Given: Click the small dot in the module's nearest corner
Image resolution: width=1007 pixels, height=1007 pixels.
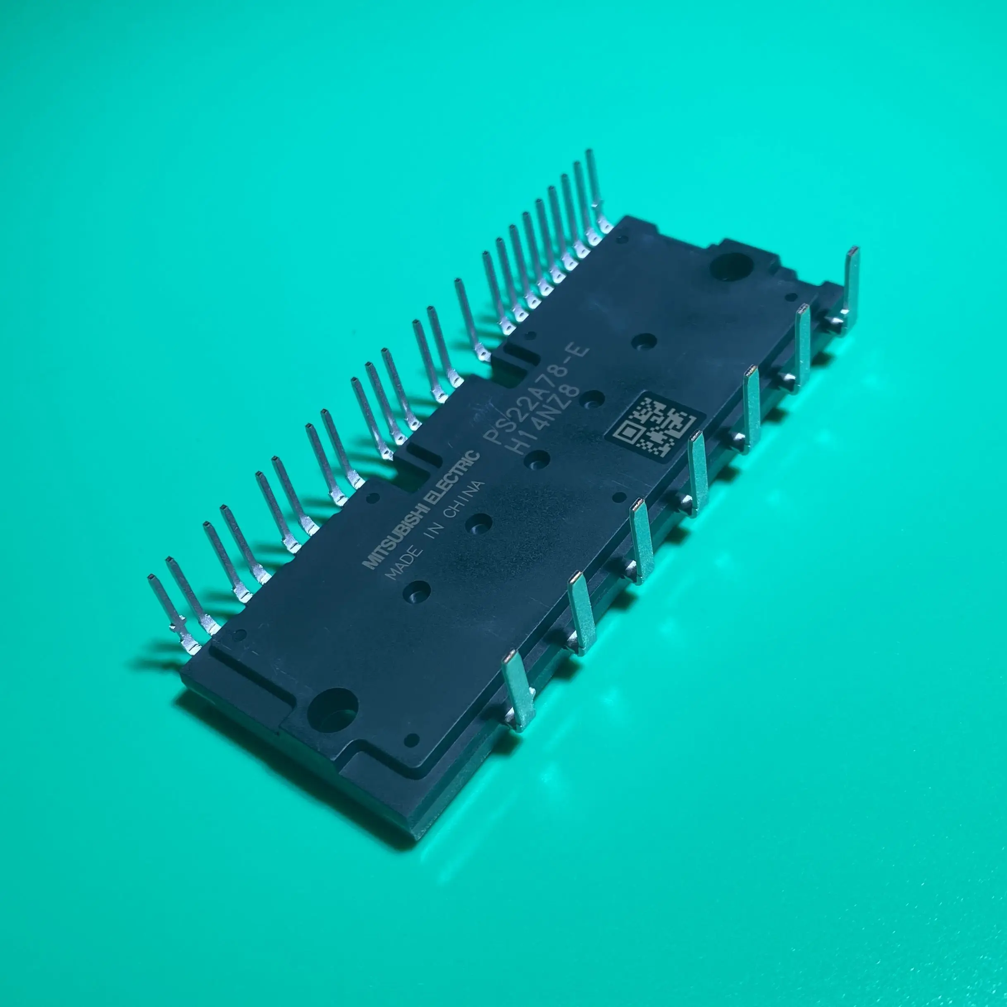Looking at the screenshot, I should coord(413,740).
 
